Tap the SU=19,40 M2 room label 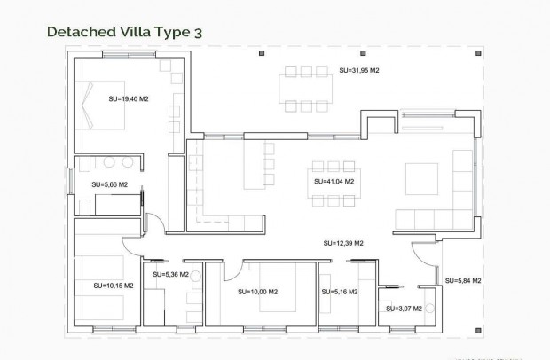[128, 99]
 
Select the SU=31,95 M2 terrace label [359, 70]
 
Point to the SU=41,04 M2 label [334, 181]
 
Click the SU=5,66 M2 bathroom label [109, 184]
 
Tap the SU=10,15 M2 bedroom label [113, 286]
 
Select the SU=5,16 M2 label [339, 292]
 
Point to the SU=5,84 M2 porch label [462, 280]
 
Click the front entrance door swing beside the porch [428, 258]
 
